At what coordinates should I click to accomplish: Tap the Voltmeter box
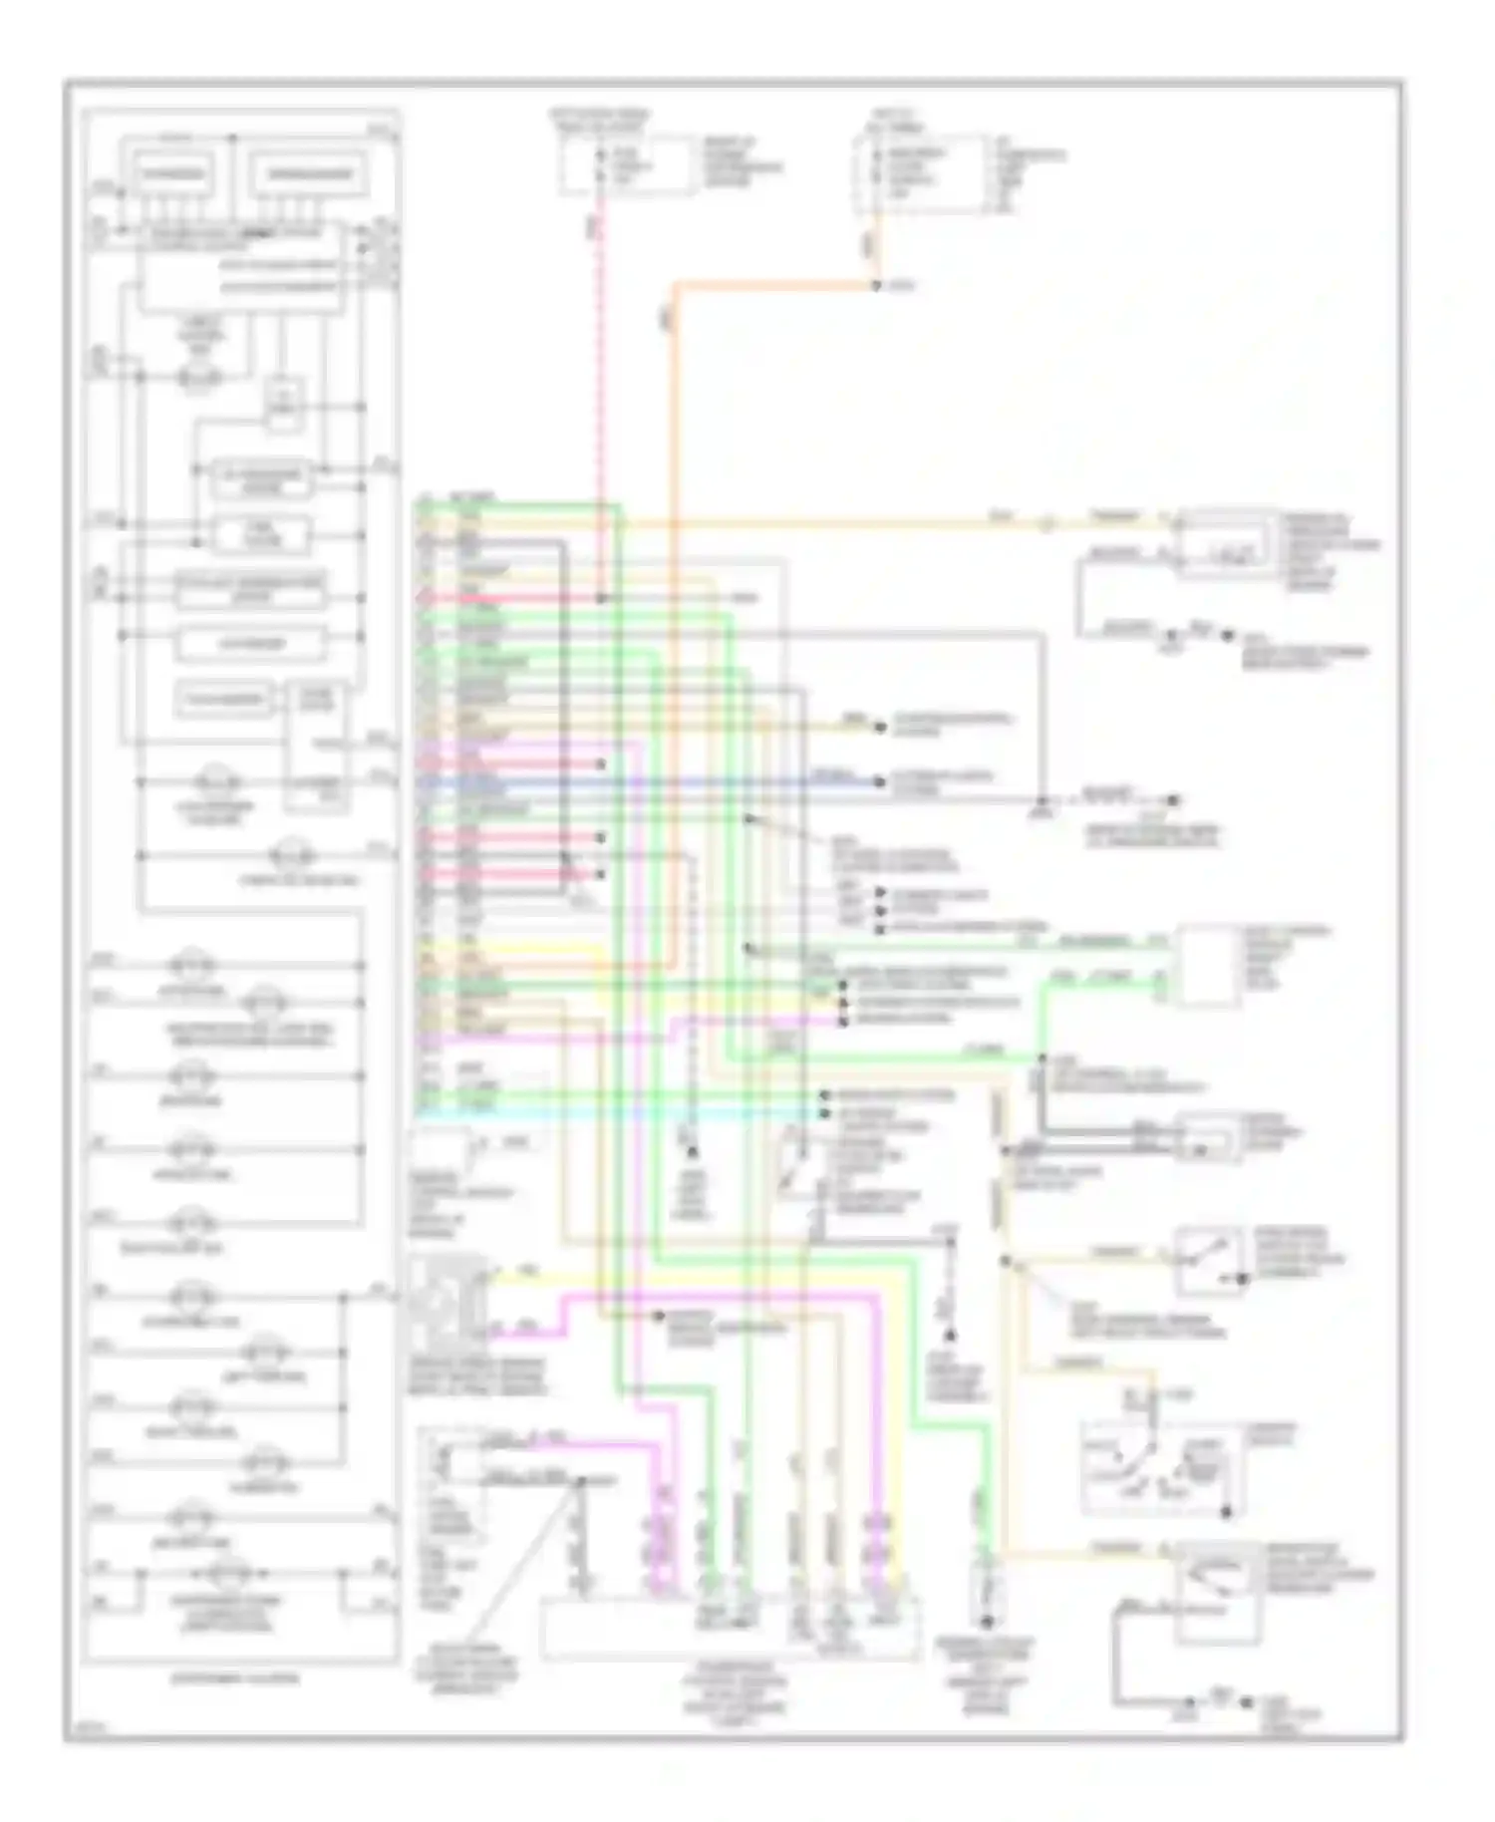(x=251, y=644)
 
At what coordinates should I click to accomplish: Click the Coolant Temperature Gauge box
(x=250, y=590)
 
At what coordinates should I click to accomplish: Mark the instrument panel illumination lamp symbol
(x=227, y=1574)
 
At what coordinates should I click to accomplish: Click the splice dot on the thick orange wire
(x=877, y=287)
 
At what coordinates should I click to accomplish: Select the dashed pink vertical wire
(x=600, y=399)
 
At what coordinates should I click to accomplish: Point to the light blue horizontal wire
(x=618, y=1117)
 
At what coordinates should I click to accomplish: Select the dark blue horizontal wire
(x=648, y=782)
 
